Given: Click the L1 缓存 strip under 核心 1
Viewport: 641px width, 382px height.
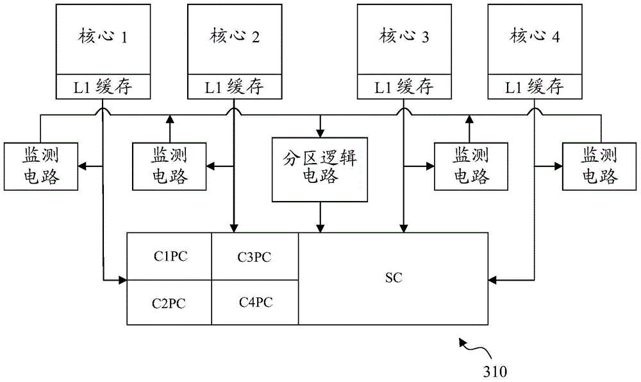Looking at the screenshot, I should point(103,86).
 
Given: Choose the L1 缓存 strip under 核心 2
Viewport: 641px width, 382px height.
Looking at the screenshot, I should point(234,86).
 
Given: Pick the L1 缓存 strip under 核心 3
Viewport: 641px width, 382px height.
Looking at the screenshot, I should point(403,86).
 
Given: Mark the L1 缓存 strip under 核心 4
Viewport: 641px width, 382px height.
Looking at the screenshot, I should point(535,86).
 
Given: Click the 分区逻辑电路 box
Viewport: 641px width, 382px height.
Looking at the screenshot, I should point(320,168).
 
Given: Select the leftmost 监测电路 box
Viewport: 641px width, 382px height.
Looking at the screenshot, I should point(42,166).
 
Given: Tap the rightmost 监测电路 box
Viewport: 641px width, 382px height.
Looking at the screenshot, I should point(600,166).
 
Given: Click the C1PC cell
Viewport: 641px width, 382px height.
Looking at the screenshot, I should point(170,256).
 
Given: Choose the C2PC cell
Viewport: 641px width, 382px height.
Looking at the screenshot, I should point(170,302).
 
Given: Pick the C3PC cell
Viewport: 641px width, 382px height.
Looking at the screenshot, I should point(254,257).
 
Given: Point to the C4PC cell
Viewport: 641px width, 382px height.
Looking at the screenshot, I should point(254,301).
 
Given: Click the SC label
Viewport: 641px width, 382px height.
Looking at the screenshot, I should point(394,279).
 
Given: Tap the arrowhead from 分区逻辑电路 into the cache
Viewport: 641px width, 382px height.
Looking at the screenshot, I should point(320,228).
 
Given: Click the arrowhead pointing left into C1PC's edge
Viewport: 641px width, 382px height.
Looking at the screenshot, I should point(123,280).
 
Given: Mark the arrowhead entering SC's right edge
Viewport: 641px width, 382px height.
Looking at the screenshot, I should point(492,280).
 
